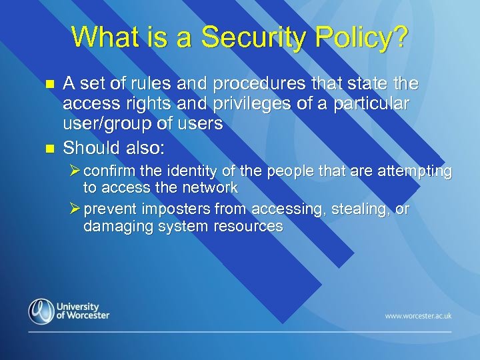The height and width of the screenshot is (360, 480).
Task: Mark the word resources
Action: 249,227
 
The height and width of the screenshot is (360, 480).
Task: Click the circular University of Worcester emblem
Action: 41,311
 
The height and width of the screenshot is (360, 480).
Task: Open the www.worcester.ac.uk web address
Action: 418,315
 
